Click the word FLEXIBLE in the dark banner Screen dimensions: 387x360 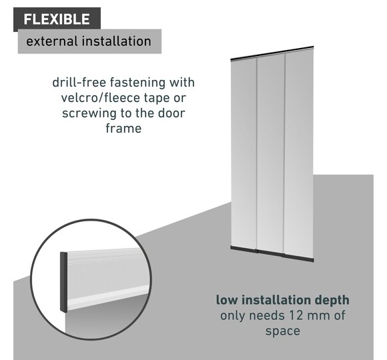[57, 19]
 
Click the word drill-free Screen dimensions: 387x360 [79, 83]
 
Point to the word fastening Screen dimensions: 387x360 [137, 83]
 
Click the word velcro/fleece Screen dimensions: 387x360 [101, 97]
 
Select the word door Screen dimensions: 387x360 [171, 113]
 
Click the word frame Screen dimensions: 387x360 [123, 128]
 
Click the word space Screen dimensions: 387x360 [283, 331]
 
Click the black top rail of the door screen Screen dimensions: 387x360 [272, 53]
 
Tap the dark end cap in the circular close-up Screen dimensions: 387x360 [63, 282]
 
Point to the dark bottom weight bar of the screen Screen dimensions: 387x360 [272, 254]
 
